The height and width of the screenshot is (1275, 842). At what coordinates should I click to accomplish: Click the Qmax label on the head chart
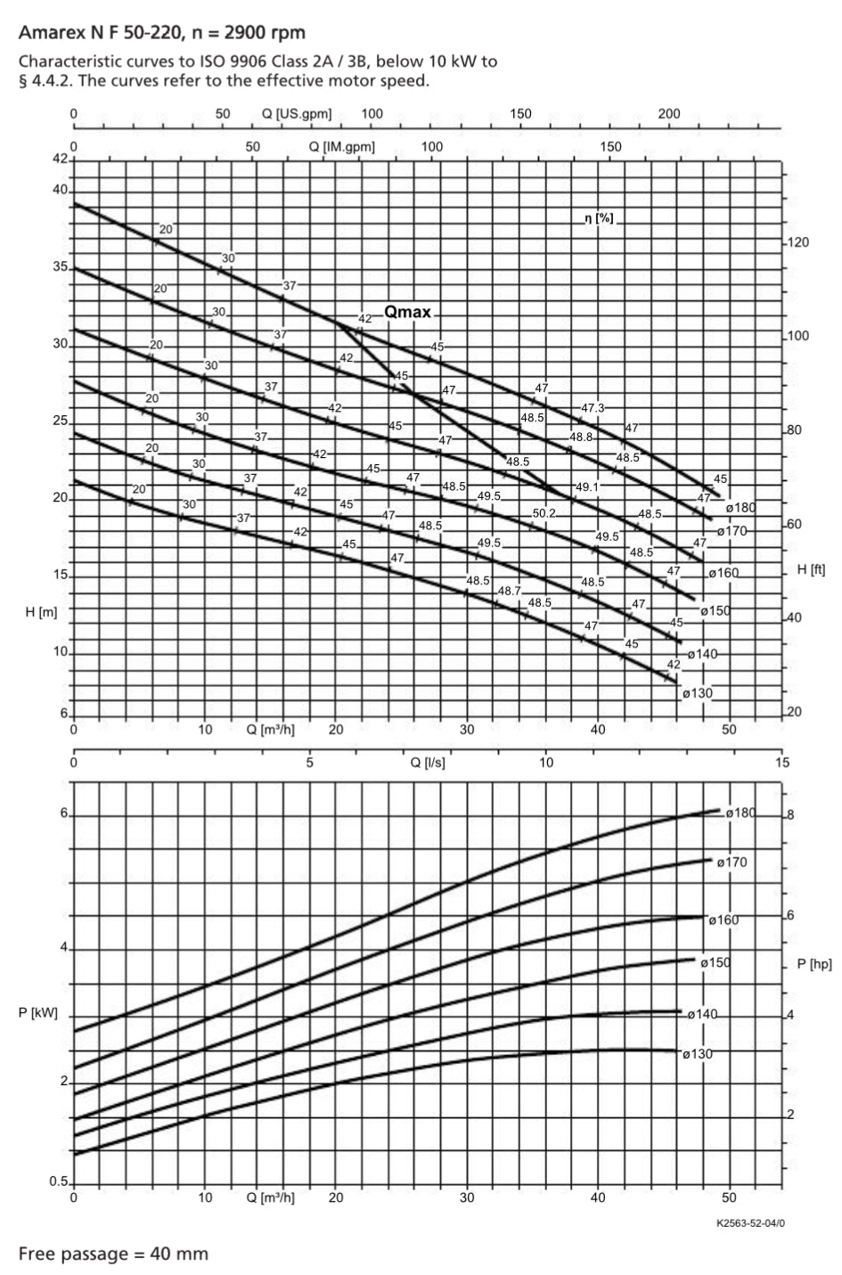[x=407, y=312]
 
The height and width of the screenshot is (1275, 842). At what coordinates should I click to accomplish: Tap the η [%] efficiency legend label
[x=599, y=218]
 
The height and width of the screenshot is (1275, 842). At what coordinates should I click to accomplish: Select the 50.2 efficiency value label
[x=544, y=513]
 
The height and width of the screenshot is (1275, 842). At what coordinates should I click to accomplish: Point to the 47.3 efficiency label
[x=593, y=407]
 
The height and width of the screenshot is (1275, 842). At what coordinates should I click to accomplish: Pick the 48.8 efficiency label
[x=582, y=437]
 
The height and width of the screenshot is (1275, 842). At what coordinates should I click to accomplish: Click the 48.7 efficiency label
[x=510, y=591]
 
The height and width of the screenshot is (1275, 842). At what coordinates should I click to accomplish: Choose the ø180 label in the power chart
[x=740, y=813]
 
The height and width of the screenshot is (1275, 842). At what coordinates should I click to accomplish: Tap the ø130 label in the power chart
[x=698, y=1054]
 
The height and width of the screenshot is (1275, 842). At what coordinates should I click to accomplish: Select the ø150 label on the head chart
[x=715, y=611]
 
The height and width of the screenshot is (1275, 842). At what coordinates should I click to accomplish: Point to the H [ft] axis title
[x=811, y=569]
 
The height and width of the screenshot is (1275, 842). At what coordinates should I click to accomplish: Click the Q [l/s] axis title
[x=428, y=763]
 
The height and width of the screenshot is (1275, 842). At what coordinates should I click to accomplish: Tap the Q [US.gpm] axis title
[x=297, y=114]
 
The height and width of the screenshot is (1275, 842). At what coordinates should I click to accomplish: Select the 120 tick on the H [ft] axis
[x=797, y=242]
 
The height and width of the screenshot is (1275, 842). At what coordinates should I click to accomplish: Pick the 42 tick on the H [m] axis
[x=61, y=159]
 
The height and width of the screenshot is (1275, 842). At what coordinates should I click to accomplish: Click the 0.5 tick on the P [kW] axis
[x=58, y=1182]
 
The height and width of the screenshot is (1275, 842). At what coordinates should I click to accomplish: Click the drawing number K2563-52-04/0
[x=750, y=1222]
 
